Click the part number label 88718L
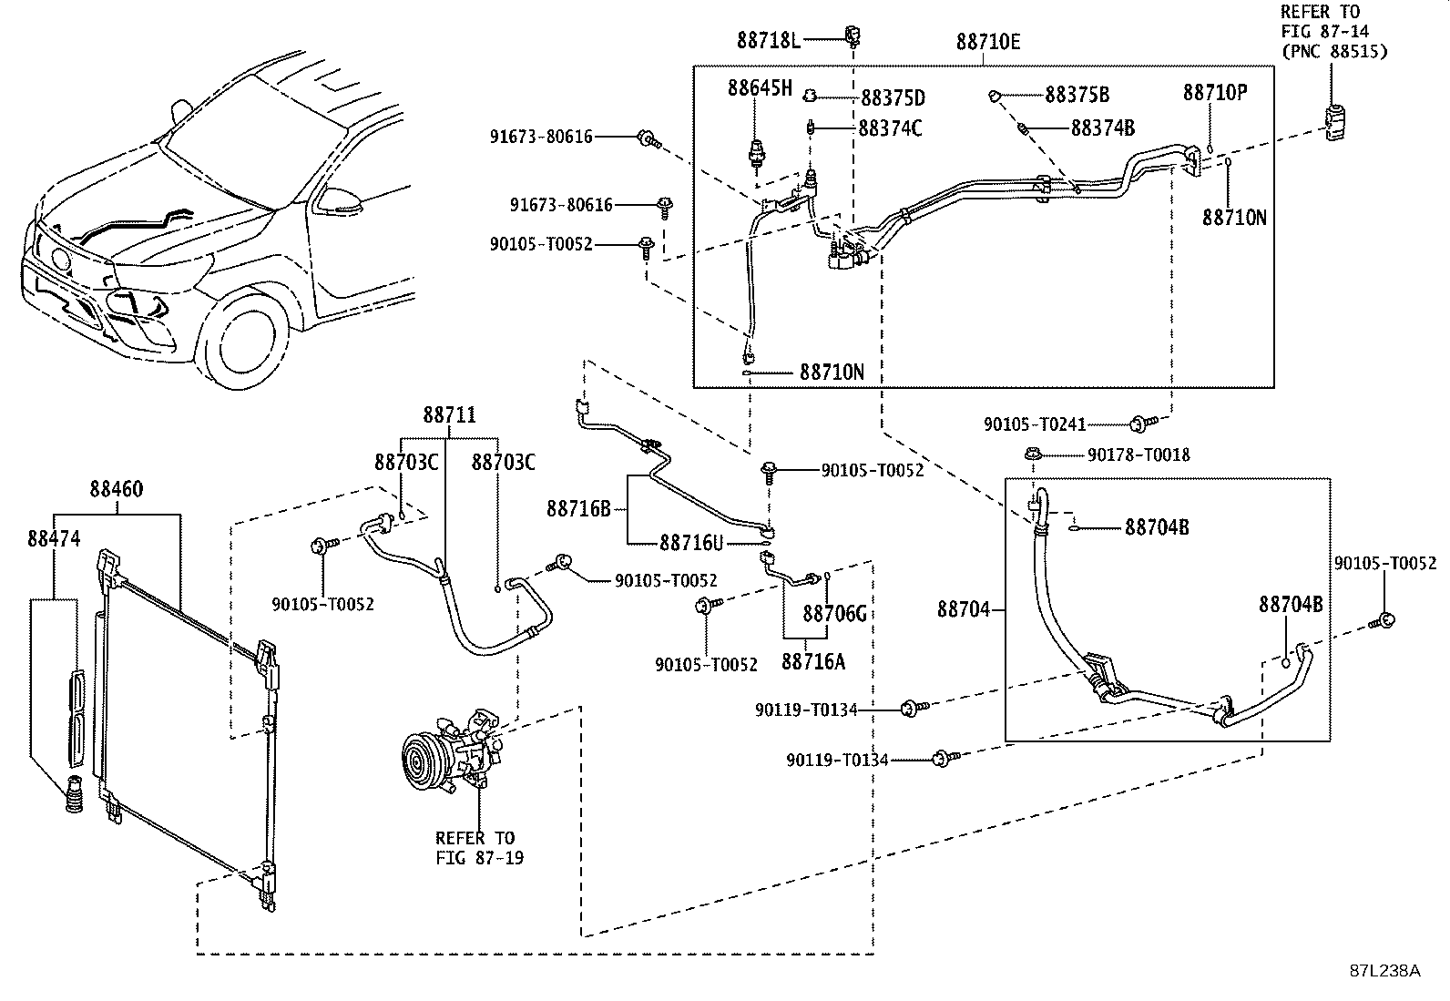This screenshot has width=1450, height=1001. [x=769, y=41]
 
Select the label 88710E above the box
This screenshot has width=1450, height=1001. [x=988, y=42]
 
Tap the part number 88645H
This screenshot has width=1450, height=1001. [x=760, y=88]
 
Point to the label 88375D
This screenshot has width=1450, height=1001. [x=893, y=98]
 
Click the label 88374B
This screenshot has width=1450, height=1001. [x=1102, y=128]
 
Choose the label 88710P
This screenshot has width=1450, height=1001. [x=1215, y=93]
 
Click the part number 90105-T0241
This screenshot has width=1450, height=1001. [x=1035, y=424]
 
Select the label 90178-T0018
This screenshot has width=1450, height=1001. [x=1138, y=455]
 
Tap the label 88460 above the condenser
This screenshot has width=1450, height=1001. [x=117, y=489]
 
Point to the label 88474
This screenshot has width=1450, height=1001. [x=54, y=538]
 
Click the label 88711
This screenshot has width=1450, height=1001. [x=449, y=415]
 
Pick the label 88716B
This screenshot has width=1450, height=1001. [x=578, y=509]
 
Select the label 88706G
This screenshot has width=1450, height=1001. [x=834, y=613]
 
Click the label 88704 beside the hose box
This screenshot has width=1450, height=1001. [x=964, y=609]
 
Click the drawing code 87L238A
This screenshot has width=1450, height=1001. [x=1384, y=971]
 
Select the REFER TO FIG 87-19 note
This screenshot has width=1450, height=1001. [x=479, y=848]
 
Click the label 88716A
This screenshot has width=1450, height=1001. [x=813, y=662]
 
